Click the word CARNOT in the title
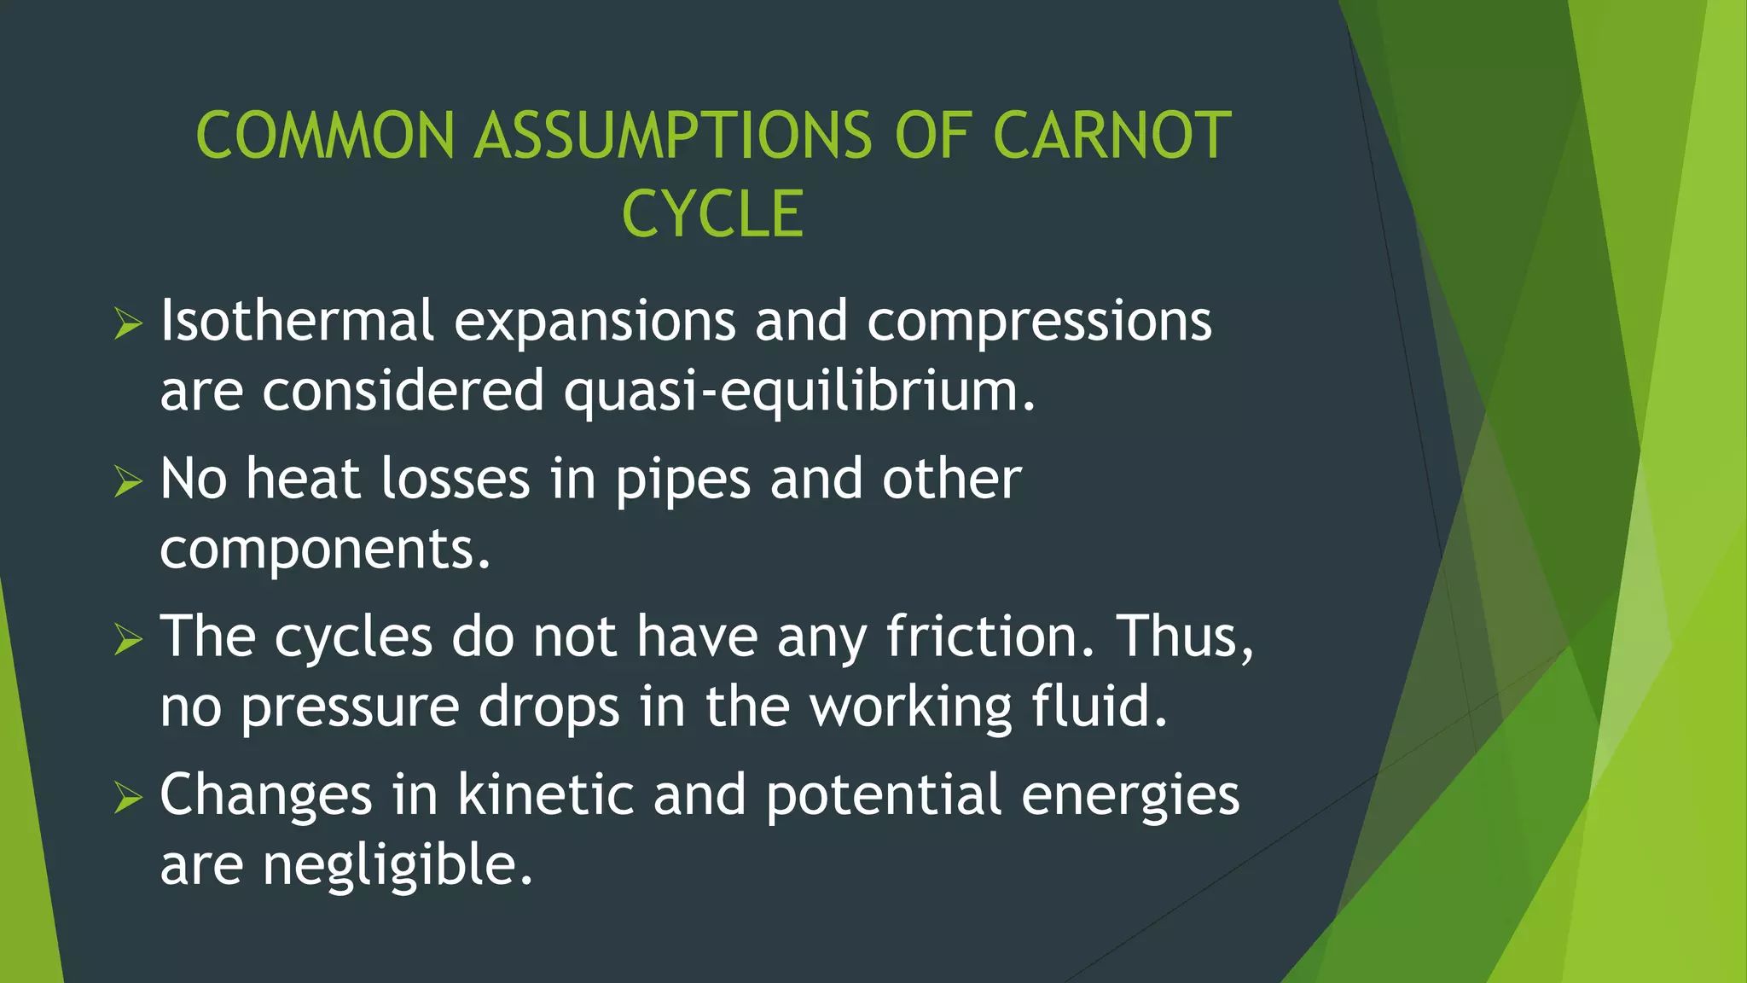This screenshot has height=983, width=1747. click(x=1112, y=137)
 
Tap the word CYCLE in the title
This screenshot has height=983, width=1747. click(x=713, y=214)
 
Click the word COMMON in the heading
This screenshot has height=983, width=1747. click(x=325, y=137)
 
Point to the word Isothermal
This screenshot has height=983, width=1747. click(x=297, y=321)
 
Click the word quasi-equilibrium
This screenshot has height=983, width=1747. click(x=799, y=391)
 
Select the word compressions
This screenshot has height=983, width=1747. click(x=1039, y=323)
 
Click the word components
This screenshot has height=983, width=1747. click(x=325, y=549)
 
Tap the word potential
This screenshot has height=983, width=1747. click(x=883, y=796)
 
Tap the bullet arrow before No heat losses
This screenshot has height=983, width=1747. click(x=127, y=482)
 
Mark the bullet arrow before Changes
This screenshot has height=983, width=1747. click(x=127, y=798)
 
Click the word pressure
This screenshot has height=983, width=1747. click(x=350, y=708)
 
